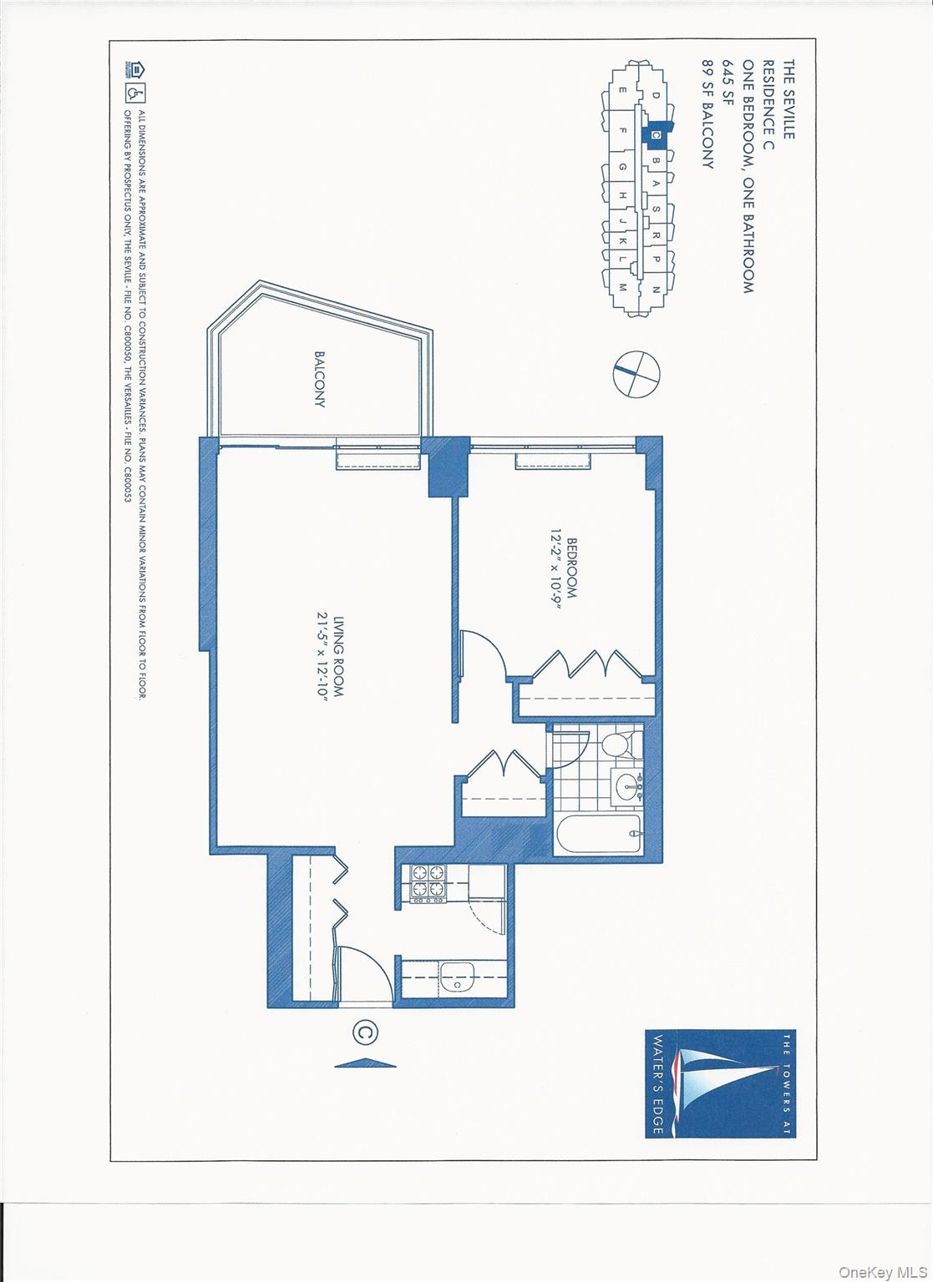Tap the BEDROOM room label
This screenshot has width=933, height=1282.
pos(571,568)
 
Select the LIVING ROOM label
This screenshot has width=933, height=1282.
pos(338,656)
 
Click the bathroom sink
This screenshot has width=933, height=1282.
pos(629,786)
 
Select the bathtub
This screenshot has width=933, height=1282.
pos(598,832)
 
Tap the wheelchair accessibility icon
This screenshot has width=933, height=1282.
pos(135,92)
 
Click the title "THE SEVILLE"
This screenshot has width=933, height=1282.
pos(788,99)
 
